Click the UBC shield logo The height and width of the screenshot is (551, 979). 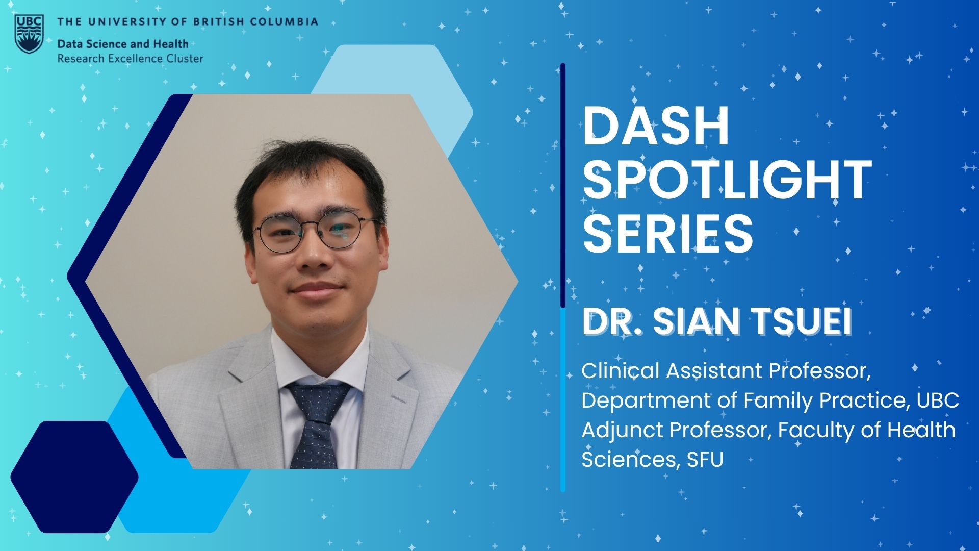[29, 34]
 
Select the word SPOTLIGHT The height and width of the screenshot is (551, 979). [727, 180]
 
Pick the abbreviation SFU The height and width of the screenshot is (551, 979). [705, 460]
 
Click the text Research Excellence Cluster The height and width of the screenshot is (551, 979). [130, 59]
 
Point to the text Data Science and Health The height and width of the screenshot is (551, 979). [123, 44]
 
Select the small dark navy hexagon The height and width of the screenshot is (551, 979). [74, 477]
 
